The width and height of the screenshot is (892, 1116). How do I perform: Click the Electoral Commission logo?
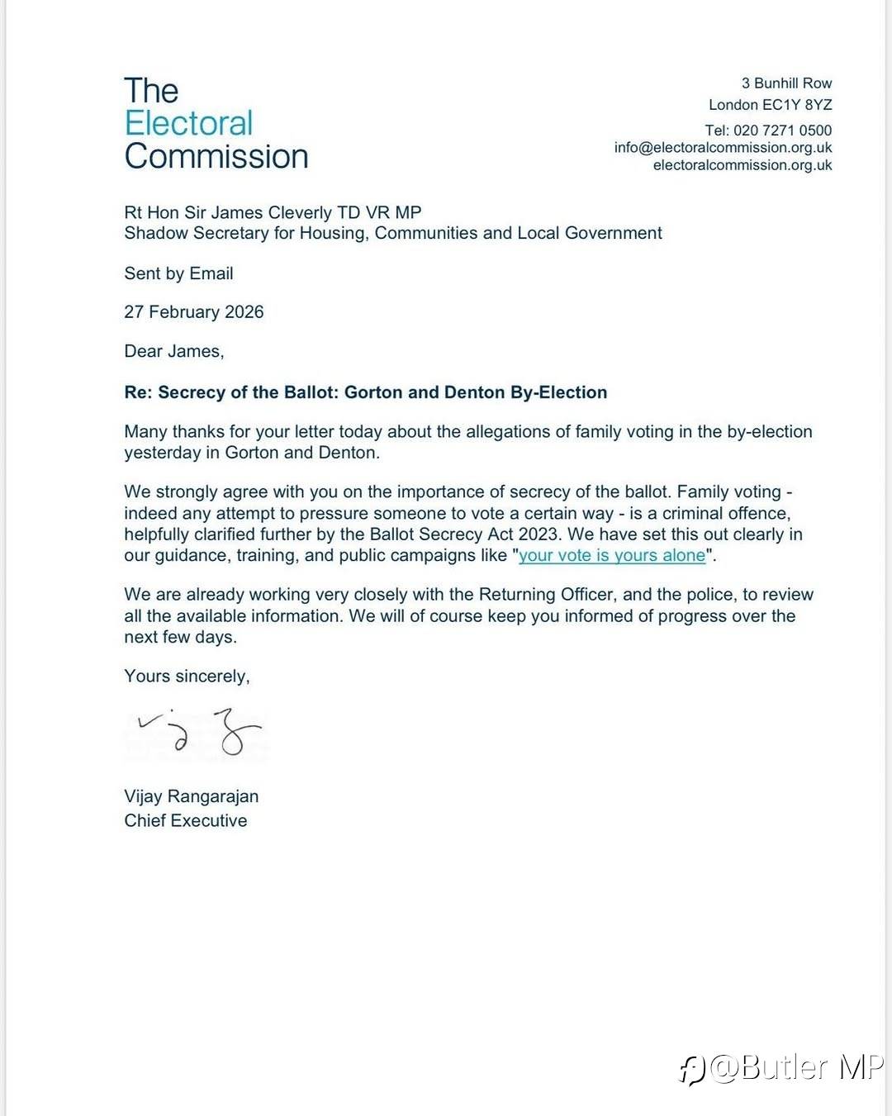[x=216, y=124]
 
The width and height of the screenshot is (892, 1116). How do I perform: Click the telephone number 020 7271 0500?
[x=782, y=131]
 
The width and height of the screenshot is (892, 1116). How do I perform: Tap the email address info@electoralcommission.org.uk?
[x=723, y=148]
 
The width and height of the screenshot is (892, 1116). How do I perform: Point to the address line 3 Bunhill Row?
[x=786, y=83]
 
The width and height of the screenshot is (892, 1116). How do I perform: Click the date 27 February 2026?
[x=193, y=312]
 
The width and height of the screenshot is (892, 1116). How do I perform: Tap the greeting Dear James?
[x=173, y=351]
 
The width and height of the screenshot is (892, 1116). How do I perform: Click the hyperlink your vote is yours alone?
[x=612, y=556]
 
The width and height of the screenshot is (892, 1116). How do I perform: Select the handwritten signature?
[x=198, y=732]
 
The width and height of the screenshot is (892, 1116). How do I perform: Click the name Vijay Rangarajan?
[x=191, y=796]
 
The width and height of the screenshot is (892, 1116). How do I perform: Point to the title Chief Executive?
[x=185, y=820]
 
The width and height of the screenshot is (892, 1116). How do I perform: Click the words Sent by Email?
[x=178, y=273]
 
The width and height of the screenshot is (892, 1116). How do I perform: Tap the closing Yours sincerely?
[x=187, y=677]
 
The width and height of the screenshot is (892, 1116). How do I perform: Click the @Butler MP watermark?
[x=781, y=1068]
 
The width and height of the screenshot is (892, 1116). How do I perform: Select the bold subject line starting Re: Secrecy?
[x=365, y=392]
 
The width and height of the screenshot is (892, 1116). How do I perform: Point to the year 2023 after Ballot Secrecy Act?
[x=538, y=534]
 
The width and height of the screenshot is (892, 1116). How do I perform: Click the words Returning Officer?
[x=546, y=595]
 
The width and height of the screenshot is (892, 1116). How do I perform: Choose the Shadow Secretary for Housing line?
[x=392, y=233]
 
